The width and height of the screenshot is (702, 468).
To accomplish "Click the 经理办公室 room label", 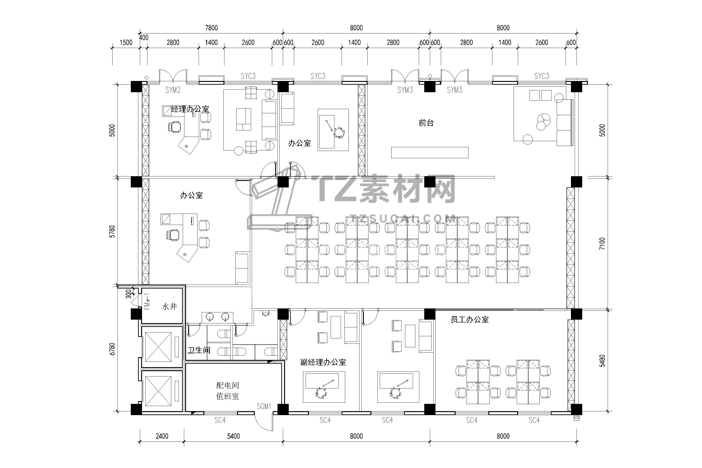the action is [x=190, y=109].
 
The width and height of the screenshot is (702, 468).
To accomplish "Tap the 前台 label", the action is [x=426, y=123].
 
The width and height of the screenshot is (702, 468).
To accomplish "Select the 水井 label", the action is [x=169, y=307].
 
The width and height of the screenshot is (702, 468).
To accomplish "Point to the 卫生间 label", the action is [x=199, y=350].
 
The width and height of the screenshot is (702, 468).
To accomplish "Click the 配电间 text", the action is [x=227, y=385].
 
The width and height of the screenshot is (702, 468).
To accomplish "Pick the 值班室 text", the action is [x=227, y=396].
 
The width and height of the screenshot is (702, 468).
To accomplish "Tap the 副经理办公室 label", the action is [x=323, y=362].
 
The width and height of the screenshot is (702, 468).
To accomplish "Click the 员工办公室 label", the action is [x=469, y=320].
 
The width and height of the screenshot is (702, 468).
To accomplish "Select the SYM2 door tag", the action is [x=173, y=90].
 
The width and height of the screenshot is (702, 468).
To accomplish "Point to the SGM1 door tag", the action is [x=264, y=406].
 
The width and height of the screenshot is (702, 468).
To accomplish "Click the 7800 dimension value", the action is [x=211, y=28].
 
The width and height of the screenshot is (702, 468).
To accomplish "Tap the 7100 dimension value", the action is [x=602, y=244].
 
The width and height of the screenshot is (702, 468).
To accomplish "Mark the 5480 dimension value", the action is [x=602, y=361].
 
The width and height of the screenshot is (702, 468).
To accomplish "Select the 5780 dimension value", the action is [x=112, y=231].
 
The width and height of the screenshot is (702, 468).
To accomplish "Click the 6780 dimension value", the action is [x=112, y=349].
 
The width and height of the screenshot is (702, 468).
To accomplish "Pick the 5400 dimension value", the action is [x=233, y=436].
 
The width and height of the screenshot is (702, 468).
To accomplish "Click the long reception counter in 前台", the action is [x=430, y=152].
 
